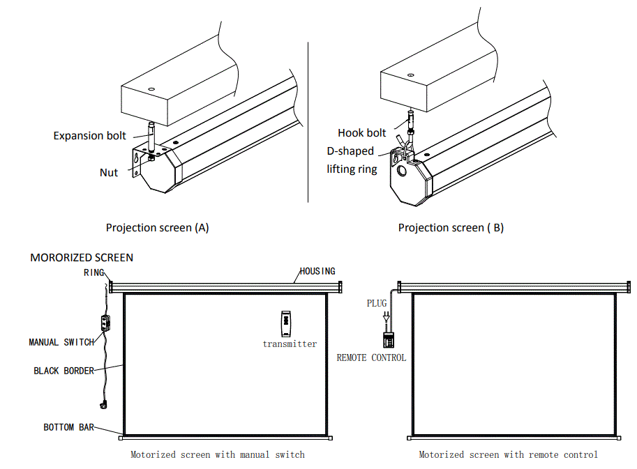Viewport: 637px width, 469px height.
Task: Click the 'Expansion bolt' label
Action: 90,135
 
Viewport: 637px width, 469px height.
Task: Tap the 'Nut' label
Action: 109,172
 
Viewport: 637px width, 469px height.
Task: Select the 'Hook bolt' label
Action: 361,132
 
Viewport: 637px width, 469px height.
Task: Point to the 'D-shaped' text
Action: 350,151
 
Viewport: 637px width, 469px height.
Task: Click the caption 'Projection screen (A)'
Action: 157,227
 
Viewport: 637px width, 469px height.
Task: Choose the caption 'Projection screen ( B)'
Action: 451,227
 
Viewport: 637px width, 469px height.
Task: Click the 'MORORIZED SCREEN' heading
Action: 82,257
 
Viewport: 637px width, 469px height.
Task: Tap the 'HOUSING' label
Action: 317,271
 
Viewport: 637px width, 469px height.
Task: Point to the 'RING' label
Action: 93,272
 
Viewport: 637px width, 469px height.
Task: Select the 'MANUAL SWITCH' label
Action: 61,342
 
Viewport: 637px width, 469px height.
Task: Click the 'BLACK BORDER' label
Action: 63,371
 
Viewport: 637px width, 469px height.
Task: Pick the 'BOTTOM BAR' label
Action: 68,426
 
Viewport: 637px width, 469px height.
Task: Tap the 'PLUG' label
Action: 377,303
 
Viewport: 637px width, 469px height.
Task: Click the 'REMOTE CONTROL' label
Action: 371,357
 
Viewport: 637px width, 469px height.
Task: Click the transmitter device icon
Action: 286,323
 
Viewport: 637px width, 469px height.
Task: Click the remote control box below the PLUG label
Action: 388,339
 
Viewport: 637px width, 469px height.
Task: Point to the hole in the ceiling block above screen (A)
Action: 151,89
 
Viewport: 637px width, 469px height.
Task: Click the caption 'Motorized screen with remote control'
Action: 508,454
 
